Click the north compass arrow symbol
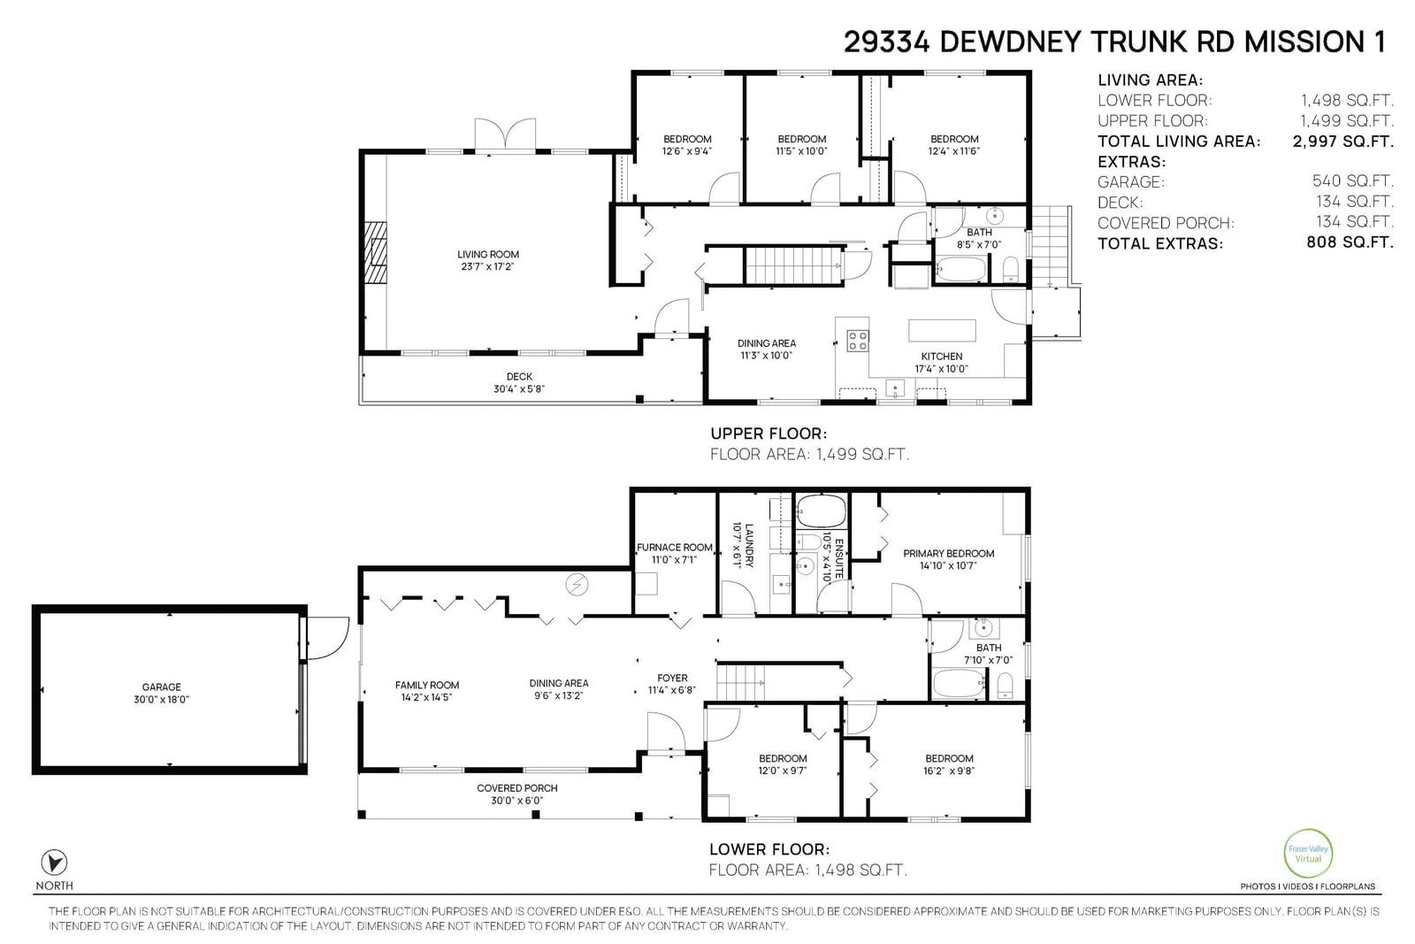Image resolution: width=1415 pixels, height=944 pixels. click(x=54, y=863)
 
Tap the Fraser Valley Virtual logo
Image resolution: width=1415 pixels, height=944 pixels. click(x=1308, y=854)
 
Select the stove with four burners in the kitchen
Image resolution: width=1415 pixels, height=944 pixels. click(x=857, y=341)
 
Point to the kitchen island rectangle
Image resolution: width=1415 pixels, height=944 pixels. click(x=942, y=331)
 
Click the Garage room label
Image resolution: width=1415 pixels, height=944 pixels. click(x=162, y=687)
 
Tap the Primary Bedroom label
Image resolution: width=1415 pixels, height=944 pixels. click(x=948, y=554)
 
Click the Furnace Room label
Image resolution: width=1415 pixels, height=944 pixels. click(x=675, y=547)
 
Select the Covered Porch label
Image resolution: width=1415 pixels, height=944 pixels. click(x=516, y=788)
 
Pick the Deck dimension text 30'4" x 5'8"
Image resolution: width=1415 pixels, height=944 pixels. click(x=518, y=389)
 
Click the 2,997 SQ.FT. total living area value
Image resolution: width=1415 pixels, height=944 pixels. click(x=1343, y=141)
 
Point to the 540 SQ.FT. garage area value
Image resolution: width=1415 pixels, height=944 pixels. click(x=1352, y=181)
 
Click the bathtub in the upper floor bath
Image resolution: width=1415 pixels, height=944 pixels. click(x=960, y=269)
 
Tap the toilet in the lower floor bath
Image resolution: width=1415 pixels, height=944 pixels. click(x=1006, y=686)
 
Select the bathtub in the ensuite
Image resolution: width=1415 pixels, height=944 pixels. click(x=822, y=511)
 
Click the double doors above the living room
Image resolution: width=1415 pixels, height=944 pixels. click(x=505, y=135)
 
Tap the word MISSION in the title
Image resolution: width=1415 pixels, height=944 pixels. click(x=1304, y=42)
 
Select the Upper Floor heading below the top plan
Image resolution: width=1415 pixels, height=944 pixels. click(x=769, y=434)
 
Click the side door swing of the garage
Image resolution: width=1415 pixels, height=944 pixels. click(x=328, y=638)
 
